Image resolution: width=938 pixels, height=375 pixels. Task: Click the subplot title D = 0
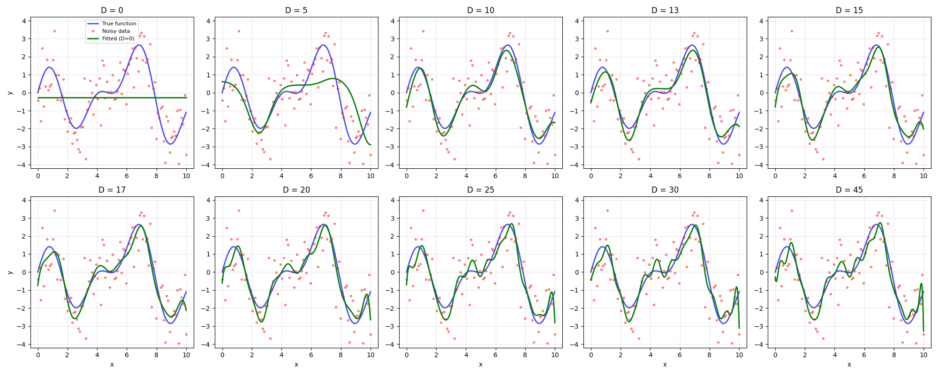(112, 10)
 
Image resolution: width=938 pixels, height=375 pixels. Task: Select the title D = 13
(665, 10)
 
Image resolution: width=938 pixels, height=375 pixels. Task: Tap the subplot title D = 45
(849, 190)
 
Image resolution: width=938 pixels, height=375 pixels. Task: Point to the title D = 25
(480, 190)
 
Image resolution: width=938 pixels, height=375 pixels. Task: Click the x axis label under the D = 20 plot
(296, 365)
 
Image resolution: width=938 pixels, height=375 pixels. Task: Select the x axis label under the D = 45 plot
(849, 365)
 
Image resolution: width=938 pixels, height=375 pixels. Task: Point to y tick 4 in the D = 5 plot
(209, 21)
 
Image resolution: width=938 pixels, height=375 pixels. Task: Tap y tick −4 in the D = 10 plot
(391, 165)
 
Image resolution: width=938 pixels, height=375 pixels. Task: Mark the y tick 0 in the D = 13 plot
(577, 93)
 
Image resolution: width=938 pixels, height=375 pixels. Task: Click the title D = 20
(296, 190)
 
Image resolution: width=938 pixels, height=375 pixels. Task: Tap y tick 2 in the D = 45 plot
(762, 236)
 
